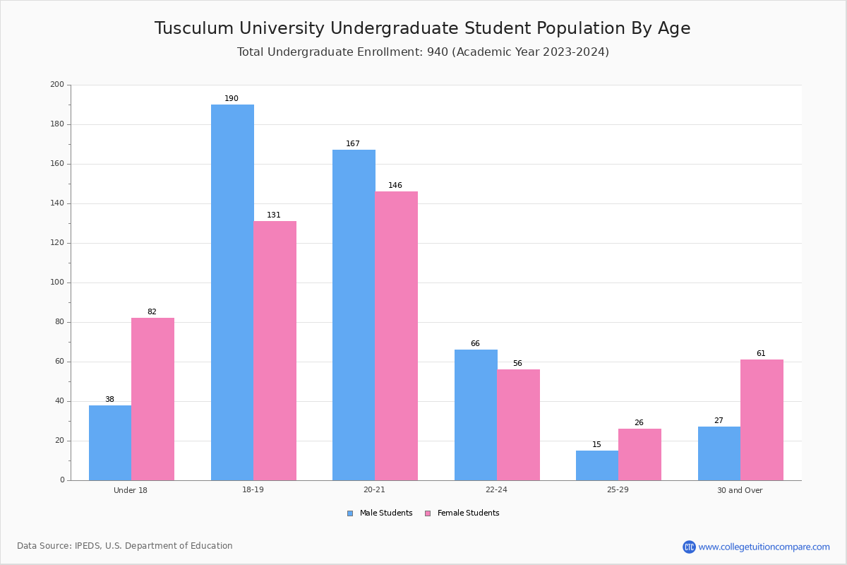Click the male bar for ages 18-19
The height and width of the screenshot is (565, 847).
click(232, 292)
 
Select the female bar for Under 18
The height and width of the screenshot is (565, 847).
click(152, 399)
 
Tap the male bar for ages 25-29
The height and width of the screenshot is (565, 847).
click(597, 465)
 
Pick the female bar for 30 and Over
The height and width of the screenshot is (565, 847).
click(762, 420)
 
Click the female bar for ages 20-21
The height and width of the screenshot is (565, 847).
click(396, 336)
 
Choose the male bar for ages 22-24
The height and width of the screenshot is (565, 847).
click(476, 415)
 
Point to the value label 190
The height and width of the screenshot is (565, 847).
click(232, 98)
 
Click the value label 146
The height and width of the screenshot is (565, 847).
click(395, 185)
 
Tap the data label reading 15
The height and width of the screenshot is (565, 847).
click(596, 444)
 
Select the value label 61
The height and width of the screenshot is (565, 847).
click(761, 353)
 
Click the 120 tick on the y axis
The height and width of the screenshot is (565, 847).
click(57, 242)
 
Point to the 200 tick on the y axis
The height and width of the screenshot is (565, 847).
click(57, 84)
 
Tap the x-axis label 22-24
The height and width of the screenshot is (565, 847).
click(496, 489)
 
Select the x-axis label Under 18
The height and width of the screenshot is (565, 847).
click(131, 490)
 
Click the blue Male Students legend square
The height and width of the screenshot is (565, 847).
click(350, 513)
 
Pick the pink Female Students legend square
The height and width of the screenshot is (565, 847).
click(428, 513)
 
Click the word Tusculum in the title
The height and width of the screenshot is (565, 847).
click(194, 28)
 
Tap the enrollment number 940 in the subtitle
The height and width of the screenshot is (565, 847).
click(438, 52)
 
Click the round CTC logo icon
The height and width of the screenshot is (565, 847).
click(689, 547)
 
